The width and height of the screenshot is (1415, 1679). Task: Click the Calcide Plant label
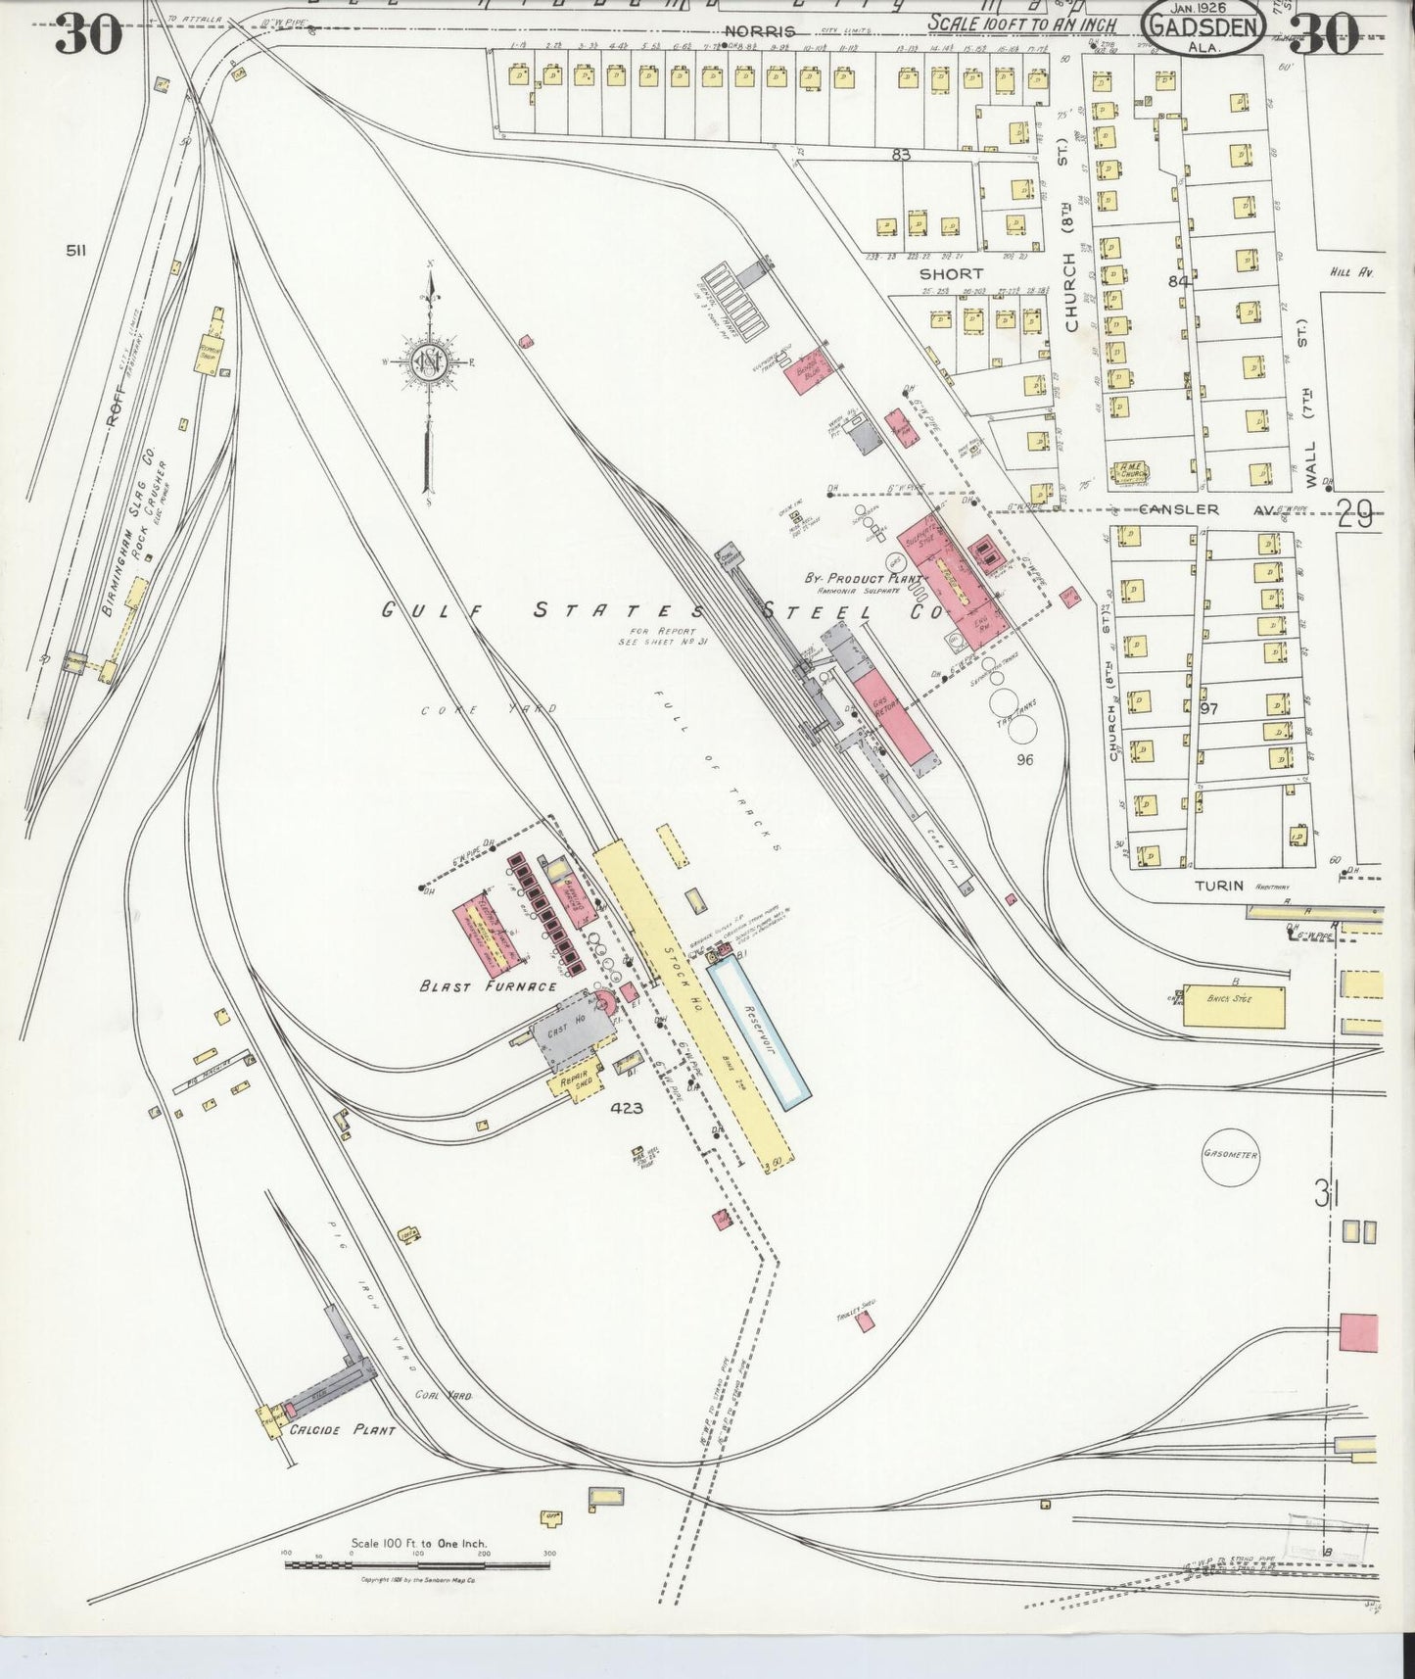[342, 1430]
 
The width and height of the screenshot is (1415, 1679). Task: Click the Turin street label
[1218, 886]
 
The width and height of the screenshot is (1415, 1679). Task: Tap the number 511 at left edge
[75, 251]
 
